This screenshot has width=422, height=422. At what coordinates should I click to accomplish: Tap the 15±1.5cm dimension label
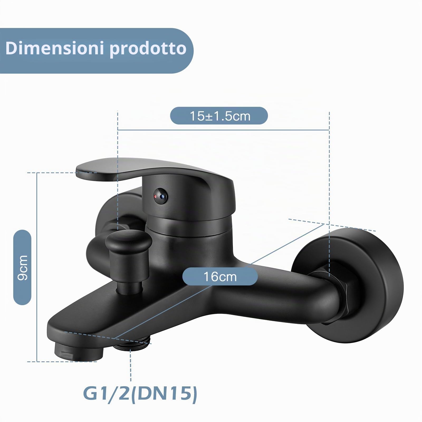(219, 116)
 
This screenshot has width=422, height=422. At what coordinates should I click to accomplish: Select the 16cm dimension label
(220, 276)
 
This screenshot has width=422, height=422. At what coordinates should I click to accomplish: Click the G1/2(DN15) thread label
(140, 393)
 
